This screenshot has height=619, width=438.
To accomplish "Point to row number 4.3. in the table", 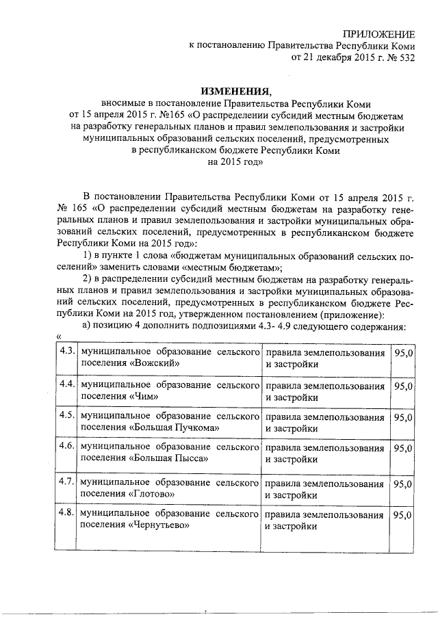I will pyautogui.click(x=66, y=352).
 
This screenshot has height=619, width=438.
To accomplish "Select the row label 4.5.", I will pyautogui.click(x=66, y=416).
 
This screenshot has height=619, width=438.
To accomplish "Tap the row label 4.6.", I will pyautogui.click(x=66, y=447).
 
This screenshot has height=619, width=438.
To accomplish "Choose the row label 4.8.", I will pyautogui.click(x=66, y=514).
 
